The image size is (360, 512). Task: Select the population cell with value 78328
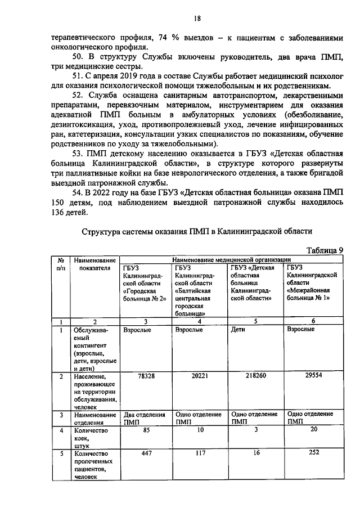[146, 375]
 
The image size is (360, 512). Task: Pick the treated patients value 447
[146, 453]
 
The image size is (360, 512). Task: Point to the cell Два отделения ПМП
[146, 417]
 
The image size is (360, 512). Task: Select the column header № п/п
[60, 264]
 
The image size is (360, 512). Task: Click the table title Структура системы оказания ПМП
[196, 231]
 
